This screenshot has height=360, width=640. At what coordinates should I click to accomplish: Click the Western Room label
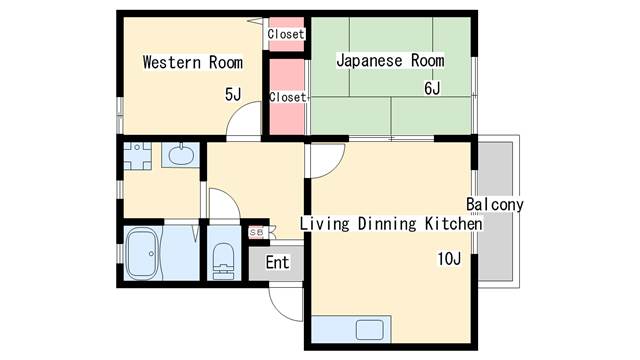coord(192,62)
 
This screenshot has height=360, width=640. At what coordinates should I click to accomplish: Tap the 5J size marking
coord(232,94)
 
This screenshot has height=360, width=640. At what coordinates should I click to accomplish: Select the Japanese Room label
coord(389,61)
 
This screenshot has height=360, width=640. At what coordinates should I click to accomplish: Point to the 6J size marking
coord(432,89)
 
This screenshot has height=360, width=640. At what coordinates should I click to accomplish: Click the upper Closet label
coord(286,34)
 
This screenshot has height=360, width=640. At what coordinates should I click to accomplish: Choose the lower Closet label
coord(287,97)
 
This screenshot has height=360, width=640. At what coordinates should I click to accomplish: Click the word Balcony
coord(495,205)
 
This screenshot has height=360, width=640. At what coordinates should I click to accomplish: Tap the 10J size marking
coord(447,260)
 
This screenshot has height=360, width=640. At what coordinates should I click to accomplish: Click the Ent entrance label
coord(277,263)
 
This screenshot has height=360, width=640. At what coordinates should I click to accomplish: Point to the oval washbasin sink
coord(180,155)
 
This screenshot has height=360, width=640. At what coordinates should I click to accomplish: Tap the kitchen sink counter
coord(351,328)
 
